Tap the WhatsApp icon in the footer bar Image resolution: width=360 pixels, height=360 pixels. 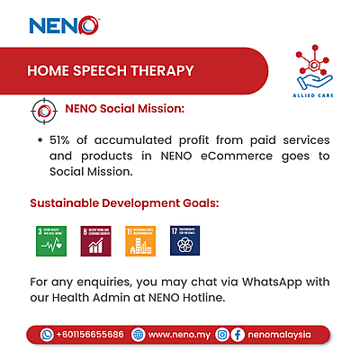point(46,335)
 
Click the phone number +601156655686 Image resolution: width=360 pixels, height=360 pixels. point(89,335)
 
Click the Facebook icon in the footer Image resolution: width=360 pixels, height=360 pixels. point(238,335)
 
